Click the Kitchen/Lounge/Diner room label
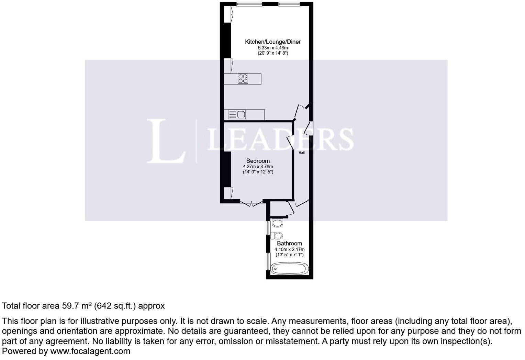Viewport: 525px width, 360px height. [x=272, y=42]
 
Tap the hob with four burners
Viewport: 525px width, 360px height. [x=243, y=79]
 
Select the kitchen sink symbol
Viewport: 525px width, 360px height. [x=237, y=115]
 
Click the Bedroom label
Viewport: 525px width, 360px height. [x=258, y=161]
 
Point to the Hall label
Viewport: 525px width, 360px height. [x=302, y=153]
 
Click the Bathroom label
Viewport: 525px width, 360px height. [x=289, y=243]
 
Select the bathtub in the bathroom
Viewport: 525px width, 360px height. [x=289, y=269]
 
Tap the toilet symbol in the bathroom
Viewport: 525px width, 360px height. [x=277, y=235]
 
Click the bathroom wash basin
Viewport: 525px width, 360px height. [x=277, y=223]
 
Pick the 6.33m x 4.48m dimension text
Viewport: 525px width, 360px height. [x=273, y=48]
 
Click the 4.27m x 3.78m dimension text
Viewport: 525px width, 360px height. [x=258, y=167]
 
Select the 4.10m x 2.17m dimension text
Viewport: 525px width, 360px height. [x=290, y=249]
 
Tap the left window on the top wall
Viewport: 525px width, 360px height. [x=249, y=4]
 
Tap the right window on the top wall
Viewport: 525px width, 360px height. [x=289, y=4]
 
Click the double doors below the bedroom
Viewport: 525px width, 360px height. [x=251, y=203]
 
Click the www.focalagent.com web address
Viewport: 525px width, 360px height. [x=90, y=351]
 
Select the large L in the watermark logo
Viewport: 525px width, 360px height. [x=166, y=141]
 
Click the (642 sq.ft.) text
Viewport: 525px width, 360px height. [x=115, y=306]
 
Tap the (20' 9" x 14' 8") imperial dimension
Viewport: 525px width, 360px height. [x=273, y=53]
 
